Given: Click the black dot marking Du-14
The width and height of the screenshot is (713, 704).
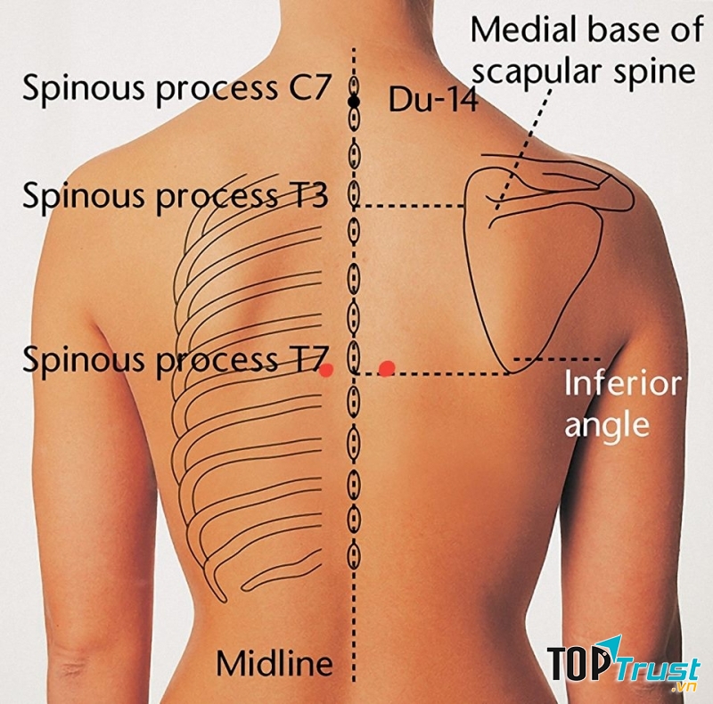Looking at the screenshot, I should (354, 103).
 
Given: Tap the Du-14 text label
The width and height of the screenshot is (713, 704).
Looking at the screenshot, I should (432, 101).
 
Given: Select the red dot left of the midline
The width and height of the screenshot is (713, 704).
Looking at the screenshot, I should (326, 370).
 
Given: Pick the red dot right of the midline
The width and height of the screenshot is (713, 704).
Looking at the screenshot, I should (387, 367).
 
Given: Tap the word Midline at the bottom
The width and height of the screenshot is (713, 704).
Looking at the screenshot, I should (275, 663).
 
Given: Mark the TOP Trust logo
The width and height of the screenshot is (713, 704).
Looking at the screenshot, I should (623, 667).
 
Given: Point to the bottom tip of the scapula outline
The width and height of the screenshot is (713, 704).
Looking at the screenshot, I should (511, 372).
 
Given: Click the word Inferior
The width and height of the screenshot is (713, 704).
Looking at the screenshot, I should (623, 384).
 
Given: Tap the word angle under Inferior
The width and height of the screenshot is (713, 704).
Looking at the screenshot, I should (607, 426).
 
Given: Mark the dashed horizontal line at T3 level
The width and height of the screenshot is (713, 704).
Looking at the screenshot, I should (414, 206).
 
